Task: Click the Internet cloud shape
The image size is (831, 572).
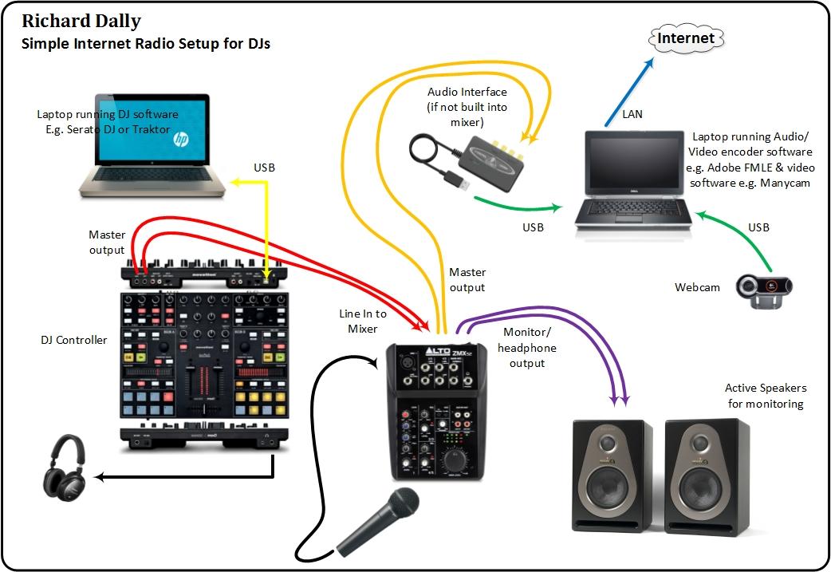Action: [x=686, y=37]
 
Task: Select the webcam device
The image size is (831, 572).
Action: [x=764, y=288]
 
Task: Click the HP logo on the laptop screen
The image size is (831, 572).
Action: [x=181, y=140]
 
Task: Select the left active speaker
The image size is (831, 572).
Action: [x=612, y=475]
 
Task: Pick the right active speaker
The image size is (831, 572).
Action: [x=707, y=475]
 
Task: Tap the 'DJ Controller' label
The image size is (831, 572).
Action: [x=73, y=340]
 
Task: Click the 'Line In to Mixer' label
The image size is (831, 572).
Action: [x=364, y=321]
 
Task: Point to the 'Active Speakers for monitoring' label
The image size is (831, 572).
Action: [x=765, y=396]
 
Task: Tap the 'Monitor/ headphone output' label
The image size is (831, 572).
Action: [x=526, y=348]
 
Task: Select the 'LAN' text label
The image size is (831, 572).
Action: [x=633, y=114]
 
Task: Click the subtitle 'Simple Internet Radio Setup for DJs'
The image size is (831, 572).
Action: [x=145, y=44]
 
